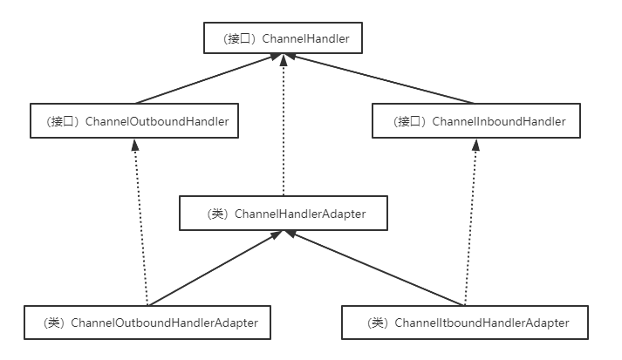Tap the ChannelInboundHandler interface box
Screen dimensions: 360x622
pyautogui.click(x=475, y=122)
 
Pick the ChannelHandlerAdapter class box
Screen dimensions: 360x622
pyautogui.click(x=283, y=214)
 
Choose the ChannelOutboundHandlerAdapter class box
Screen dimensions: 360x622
pyautogui.click(x=147, y=323)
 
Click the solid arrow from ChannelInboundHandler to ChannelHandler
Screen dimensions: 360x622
pyautogui.click(x=384, y=78)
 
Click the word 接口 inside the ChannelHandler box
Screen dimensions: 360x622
pyautogui.click(x=235, y=39)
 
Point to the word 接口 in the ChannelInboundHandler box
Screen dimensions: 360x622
pyautogui.click(x=406, y=122)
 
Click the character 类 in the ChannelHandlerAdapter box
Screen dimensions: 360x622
pyautogui.click(x=216, y=214)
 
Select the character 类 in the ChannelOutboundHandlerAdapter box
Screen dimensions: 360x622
pyautogui.click(x=55, y=323)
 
